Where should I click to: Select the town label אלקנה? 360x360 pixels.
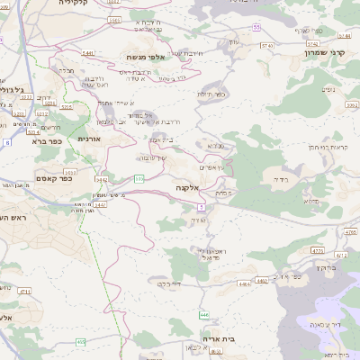click(x=188, y=188)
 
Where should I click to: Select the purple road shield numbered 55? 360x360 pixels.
click(x=256, y=28)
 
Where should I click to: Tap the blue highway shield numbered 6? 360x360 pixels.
click(x=7, y=142)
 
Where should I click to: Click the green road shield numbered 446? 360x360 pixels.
click(x=204, y=315)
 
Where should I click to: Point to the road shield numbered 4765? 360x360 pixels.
click(x=349, y=232)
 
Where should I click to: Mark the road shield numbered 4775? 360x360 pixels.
click(x=317, y=251)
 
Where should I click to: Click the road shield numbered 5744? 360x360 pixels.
click(x=346, y=36)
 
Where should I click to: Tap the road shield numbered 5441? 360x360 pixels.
click(x=87, y=53)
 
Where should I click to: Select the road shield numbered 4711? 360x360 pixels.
click(x=24, y=291)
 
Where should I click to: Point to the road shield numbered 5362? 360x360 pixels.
click(x=351, y=104)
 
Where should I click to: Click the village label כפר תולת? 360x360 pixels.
click(x=211, y=94)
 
